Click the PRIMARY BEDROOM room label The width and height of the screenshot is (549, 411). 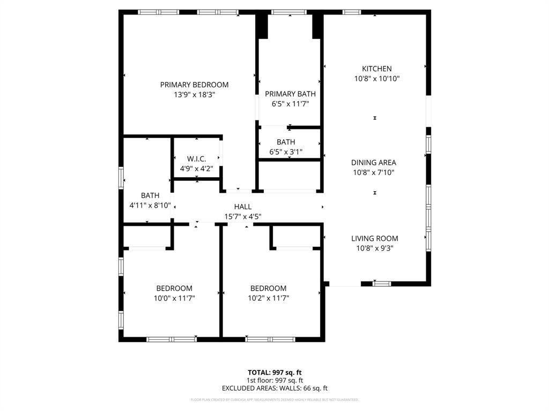pos(194,85)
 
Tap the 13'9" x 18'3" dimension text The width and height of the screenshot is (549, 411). pos(194,94)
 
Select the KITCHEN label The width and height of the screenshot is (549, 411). pos(376,68)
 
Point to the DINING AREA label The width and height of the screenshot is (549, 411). pos(374,163)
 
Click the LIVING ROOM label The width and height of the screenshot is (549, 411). pos(375,239)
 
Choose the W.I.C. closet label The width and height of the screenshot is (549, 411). pos(196,159)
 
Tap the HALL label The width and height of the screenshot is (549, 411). pos(242,207)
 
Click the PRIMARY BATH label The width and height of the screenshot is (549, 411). pos(290,94)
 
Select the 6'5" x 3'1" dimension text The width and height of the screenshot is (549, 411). pos(286,152)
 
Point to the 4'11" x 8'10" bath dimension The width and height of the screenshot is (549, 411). pos(150,205)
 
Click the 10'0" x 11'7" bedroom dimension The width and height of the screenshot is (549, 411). pos(174,298)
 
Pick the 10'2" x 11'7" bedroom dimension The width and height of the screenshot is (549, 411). pos(268,298)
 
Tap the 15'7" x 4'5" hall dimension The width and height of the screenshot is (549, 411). pos(242,217)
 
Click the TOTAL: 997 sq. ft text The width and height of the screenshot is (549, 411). pos(274,372)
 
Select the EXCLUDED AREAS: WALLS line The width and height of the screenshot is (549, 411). pos(274,389)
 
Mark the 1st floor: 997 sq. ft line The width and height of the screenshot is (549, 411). pos(274,380)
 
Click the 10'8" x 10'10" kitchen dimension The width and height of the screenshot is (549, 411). pos(376,78)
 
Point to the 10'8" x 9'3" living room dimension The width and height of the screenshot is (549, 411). pos(375,248)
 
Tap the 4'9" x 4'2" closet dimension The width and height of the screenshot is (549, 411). pos(196,169)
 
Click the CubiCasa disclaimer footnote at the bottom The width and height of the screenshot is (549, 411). pos(274,400)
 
